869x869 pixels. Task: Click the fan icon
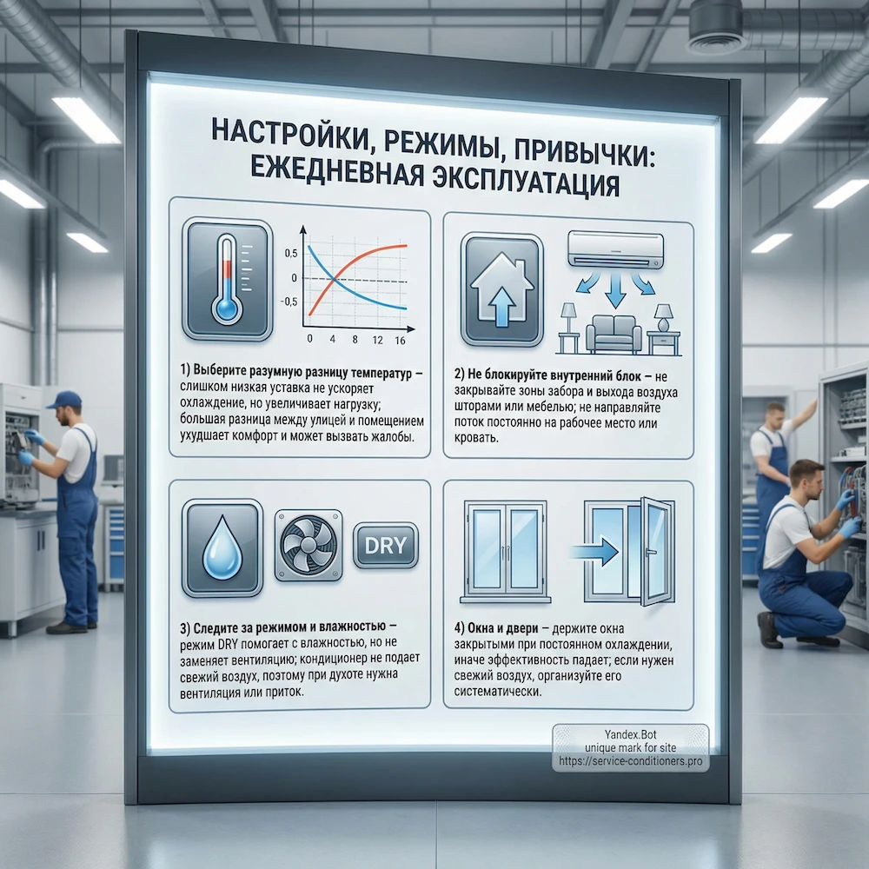point(308,546)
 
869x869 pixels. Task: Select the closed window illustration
point(506,550)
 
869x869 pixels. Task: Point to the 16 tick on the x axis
point(400,341)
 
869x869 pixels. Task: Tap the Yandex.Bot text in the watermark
point(632,734)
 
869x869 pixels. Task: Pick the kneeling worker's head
point(807,478)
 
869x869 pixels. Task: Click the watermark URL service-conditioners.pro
point(632,761)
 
